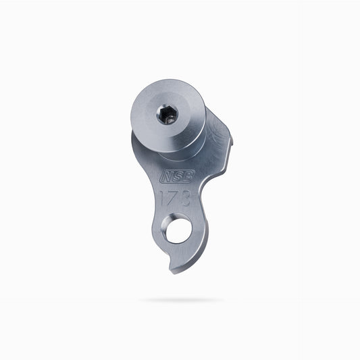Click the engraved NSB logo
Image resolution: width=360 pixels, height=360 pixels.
[177, 176]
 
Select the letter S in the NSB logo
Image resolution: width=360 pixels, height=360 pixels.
[178, 176]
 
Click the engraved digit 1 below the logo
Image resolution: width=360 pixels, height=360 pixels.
[163, 198]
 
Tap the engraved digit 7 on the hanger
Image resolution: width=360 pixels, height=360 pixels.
[175, 198]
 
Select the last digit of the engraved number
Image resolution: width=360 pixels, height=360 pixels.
[186, 199]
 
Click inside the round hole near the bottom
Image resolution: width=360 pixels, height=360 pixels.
[179, 231]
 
